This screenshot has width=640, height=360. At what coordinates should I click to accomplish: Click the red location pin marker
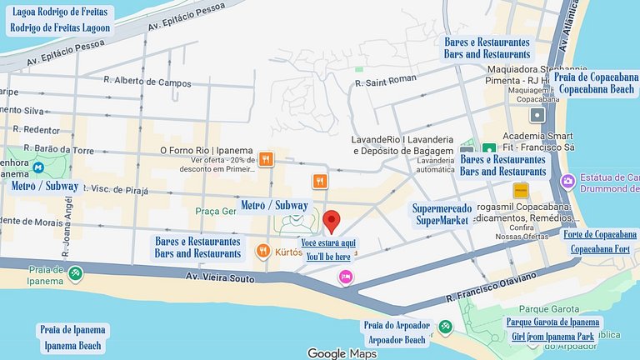click(332, 222)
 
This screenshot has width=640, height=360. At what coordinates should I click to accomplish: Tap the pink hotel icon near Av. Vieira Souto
click(345, 277)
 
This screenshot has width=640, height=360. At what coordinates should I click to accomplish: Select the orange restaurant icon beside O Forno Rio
click(266, 158)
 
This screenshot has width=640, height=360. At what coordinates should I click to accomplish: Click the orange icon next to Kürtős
click(262, 250)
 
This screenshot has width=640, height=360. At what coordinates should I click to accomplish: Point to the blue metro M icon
click(38, 167)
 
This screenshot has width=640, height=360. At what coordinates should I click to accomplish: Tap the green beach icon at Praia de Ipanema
click(76, 272)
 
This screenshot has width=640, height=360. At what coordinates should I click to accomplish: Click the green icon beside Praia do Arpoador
click(446, 327)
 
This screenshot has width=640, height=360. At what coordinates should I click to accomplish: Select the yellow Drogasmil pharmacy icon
click(521, 191)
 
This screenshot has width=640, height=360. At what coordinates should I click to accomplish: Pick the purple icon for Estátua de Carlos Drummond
click(567, 181)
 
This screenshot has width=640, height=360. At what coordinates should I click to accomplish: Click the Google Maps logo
click(342, 353)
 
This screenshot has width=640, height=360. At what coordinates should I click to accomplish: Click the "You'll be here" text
click(328, 257)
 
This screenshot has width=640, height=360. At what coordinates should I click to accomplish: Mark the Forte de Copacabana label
click(600, 234)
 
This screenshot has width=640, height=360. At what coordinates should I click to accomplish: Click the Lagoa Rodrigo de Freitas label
click(60, 12)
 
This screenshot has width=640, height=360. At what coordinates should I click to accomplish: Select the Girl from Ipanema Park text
click(553, 336)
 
